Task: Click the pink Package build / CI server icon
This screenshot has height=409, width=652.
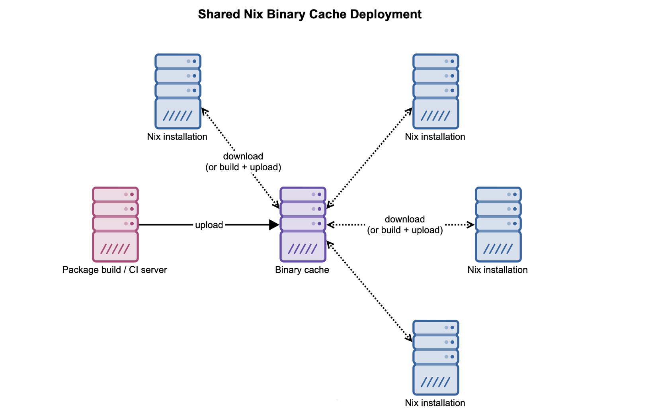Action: [x=115, y=224]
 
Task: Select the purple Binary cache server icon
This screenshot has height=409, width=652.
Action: [x=303, y=224]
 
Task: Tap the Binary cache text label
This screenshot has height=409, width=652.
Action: [x=302, y=270]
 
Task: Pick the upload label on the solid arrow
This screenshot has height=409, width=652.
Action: [x=209, y=225]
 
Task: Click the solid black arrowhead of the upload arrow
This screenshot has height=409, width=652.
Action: [x=274, y=225]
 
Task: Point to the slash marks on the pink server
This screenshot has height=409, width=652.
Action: [x=115, y=249]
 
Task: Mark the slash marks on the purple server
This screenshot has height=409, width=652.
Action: [x=303, y=249]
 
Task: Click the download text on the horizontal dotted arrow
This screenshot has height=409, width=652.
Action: [x=405, y=219]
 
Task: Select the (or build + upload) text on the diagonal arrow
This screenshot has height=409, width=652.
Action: [x=243, y=167]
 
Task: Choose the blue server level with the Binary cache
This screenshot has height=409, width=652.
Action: [x=498, y=224]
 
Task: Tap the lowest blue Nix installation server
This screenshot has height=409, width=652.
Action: [x=436, y=358]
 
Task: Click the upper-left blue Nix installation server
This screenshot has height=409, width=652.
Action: [x=178, y=91]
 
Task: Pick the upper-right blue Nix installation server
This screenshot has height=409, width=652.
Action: [x=436, y=91]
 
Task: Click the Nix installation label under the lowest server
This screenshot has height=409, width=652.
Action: [x=435, y=403]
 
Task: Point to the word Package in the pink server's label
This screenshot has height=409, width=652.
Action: [x=77, y=270]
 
